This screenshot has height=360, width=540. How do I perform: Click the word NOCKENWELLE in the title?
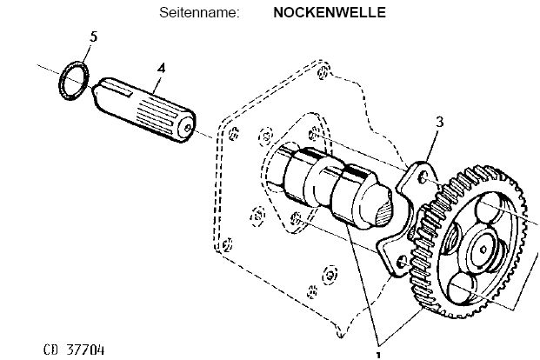coord(317,14)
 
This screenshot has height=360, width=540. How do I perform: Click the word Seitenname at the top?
coord(199,14)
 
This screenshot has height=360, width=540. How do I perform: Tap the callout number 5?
coord(94,37)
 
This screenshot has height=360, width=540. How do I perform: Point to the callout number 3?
coord(440,123)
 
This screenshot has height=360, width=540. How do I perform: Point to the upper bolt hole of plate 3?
coord(422,177)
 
